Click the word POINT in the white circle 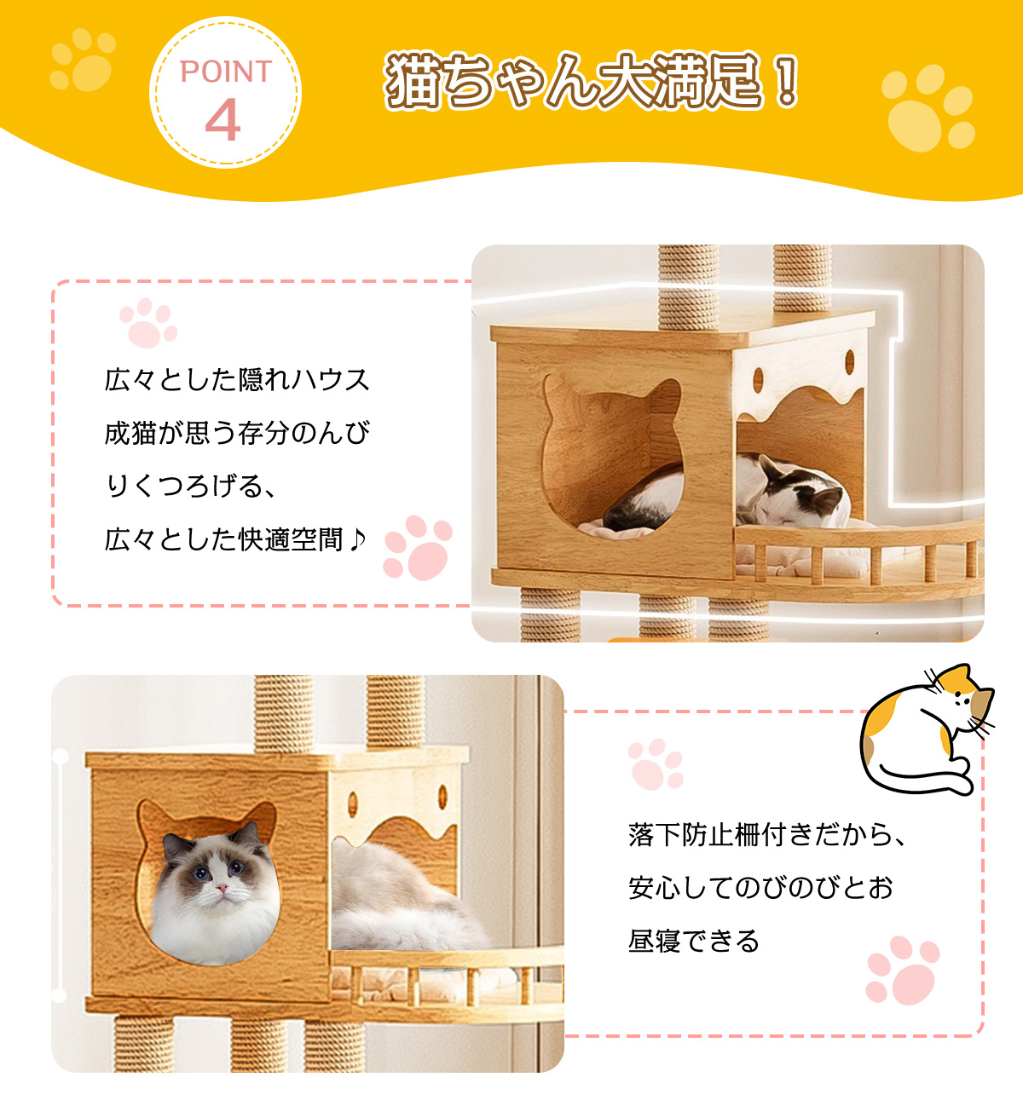[x=226, y=72]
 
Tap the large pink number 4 [x=223, y=120]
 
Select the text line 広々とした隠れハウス [x=237, y=380]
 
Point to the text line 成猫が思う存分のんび [x=237, y=433]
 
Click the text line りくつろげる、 [x=190, y=486]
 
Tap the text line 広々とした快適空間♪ [x=235, y=539]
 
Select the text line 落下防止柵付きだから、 [x=767, y=834]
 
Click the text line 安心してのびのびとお [x=760, y=887]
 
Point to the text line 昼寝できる [x=694, y=941]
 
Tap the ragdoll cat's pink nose [x=222, y=885]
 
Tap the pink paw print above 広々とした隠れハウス [x=148, y=322]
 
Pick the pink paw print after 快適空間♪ [x=418, y=547]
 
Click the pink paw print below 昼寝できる [x=902, y=971]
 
